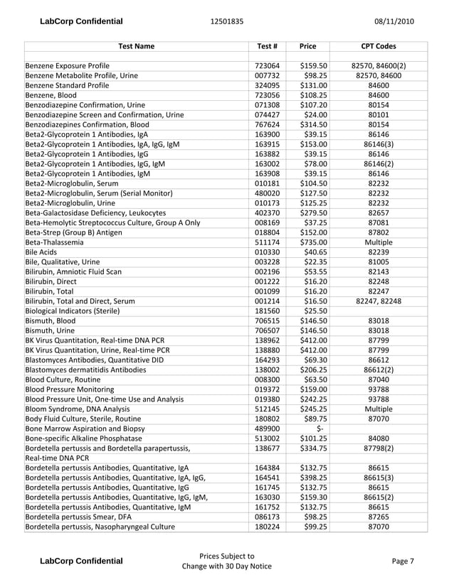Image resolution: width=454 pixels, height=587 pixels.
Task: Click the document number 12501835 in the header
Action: click(227, 21)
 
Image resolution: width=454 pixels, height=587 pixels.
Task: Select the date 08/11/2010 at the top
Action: click(394, 21)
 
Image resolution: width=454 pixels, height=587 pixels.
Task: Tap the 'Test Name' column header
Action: click(135, 46)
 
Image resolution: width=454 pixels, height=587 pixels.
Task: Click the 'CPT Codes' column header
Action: click(379, 46)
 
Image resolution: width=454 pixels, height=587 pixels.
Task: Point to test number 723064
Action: click(265, 65)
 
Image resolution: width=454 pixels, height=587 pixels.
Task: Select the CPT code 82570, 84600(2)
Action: click(379, 65)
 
